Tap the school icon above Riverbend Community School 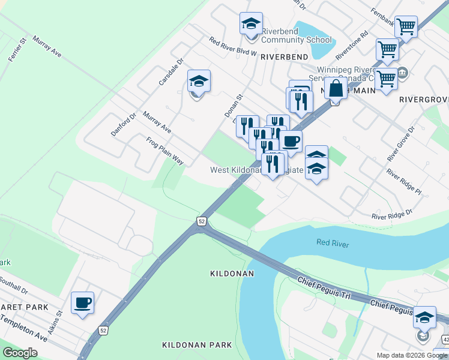pyautogui.click(x=251, y=24)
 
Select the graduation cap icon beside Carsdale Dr pyautogui.click(x=199, y=81)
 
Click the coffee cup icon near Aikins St pyautogui.click(x=82, y=303)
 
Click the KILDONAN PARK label pyautogui.click(x=197, y=345)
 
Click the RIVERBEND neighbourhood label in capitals pyautogui.click(x=284, y=56)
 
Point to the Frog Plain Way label pyautogui.click(x=165, y=151)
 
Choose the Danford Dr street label pyautogui.click(x=124, y=124)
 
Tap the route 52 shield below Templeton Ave pyautogui.click(x=103, y=331)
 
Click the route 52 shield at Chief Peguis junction pyautogui.click(x=200, y=221)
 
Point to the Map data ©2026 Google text pyautogui.click(x=412, y=355)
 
